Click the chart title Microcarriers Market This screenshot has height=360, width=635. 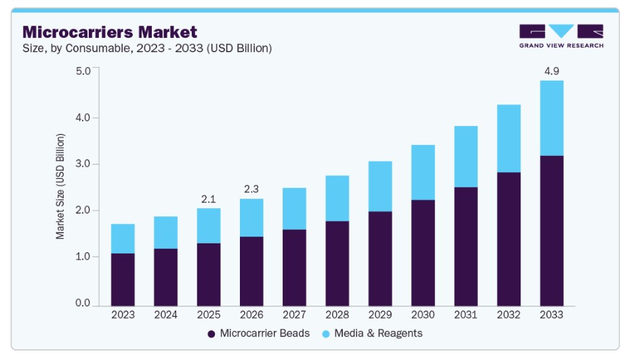coord(110,31)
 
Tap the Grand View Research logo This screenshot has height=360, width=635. coord(560,36)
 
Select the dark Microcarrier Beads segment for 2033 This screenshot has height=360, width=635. coord(552,231)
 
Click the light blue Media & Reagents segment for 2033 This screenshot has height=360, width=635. coord(552,118)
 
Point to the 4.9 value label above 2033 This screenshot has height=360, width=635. coord(552,71)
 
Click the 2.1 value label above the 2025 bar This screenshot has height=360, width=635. coord(209,199)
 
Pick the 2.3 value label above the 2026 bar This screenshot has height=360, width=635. coord(251,189)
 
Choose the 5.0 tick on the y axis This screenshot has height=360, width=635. coord(83,71)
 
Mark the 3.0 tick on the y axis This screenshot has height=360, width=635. coord(83,164)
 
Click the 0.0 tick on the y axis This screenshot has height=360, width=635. coord(83,303)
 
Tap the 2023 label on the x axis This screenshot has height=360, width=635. coord(123,315)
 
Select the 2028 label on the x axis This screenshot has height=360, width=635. coord(337,315)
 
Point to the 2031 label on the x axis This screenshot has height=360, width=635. coord(466,315)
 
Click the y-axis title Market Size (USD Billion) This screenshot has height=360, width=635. coord(61,186)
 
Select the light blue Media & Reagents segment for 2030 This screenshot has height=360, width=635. coord(423,172)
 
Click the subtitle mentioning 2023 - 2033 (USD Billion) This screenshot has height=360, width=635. coord(147,48)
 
